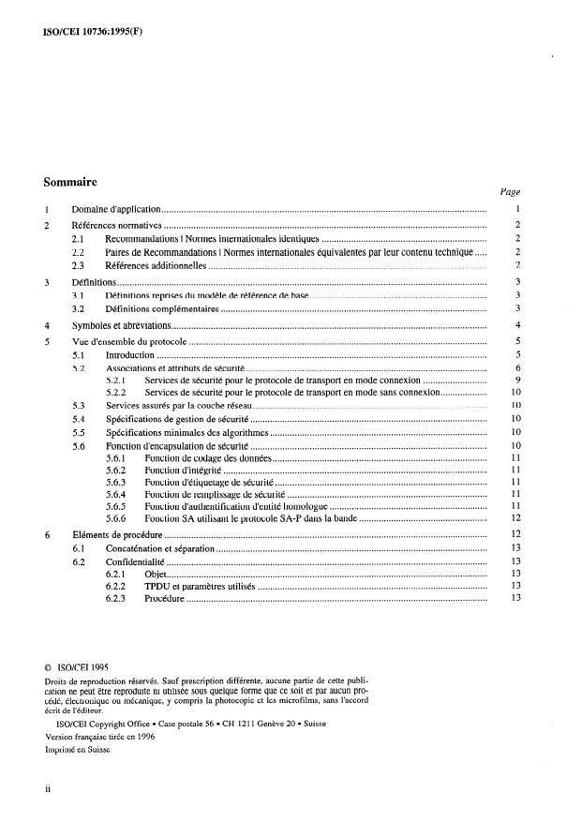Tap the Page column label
[510, 192]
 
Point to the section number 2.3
[79, 266]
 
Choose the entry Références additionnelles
[155, 266]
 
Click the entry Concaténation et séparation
[159, 547]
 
